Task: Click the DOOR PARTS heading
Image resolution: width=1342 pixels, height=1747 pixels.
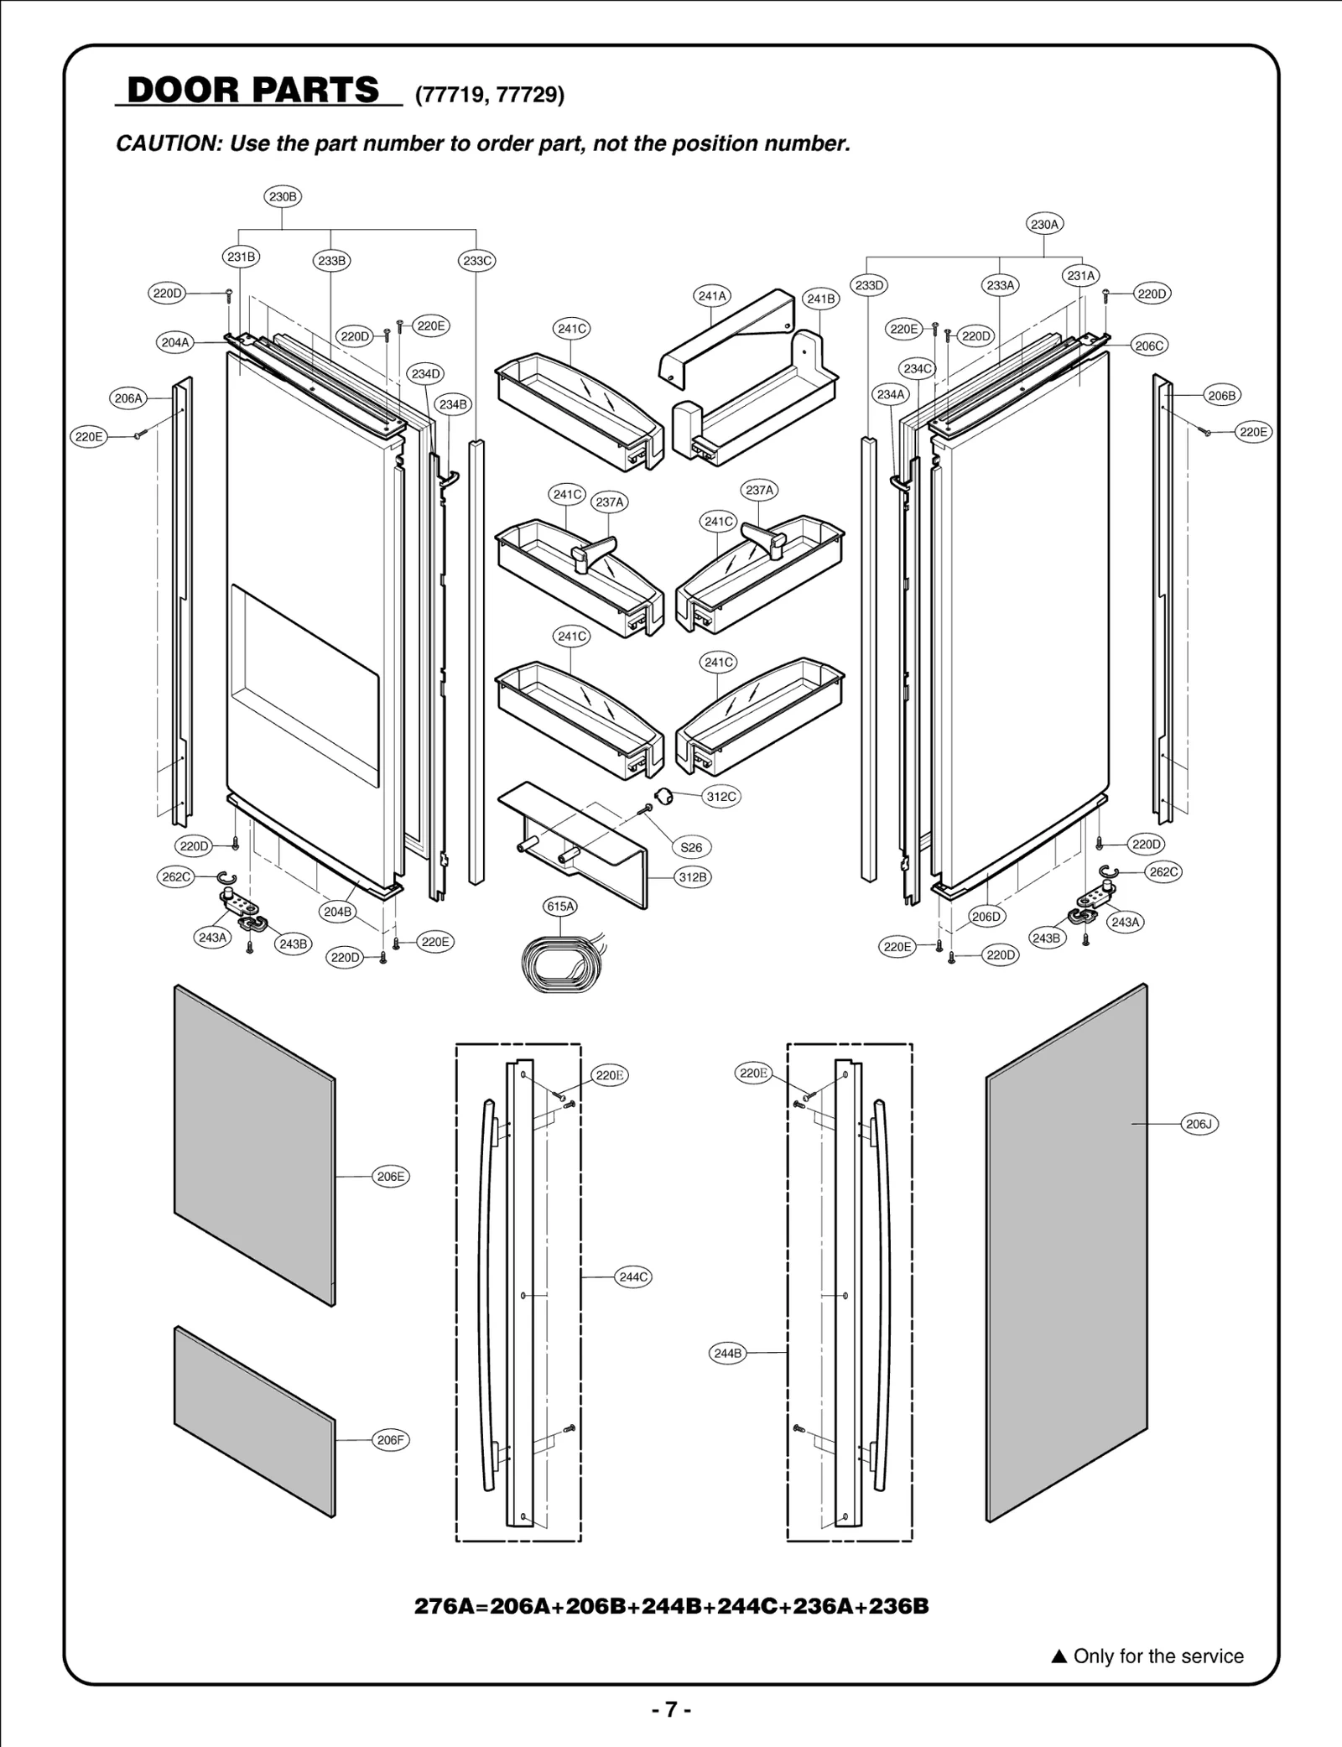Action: (253, 90)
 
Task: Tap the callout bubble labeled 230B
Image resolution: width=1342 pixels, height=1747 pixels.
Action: (283, 197)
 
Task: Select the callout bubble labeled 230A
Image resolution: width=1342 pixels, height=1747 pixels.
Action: (1044, 224)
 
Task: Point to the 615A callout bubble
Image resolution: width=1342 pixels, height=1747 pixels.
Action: (560, 906)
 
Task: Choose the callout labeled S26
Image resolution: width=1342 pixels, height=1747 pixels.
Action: (691, 847)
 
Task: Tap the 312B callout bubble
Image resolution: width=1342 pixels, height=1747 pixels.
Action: (693, 877)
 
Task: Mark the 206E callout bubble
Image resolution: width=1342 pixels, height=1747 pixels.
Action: (391, 1176)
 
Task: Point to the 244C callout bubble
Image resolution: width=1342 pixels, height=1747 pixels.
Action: (633, 1276)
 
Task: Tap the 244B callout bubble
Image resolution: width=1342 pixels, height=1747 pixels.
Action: (727, 1353)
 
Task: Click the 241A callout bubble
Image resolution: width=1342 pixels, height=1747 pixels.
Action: (712, 295)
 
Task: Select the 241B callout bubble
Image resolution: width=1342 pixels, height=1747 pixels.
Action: (820, 299)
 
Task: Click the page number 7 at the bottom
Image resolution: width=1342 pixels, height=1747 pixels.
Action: (671, 1709)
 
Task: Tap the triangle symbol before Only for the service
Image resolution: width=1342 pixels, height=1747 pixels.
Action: (1059, 1656)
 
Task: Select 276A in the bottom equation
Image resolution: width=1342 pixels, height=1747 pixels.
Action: (450, 1606)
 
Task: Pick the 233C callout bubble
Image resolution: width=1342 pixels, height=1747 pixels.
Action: (477, 261)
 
